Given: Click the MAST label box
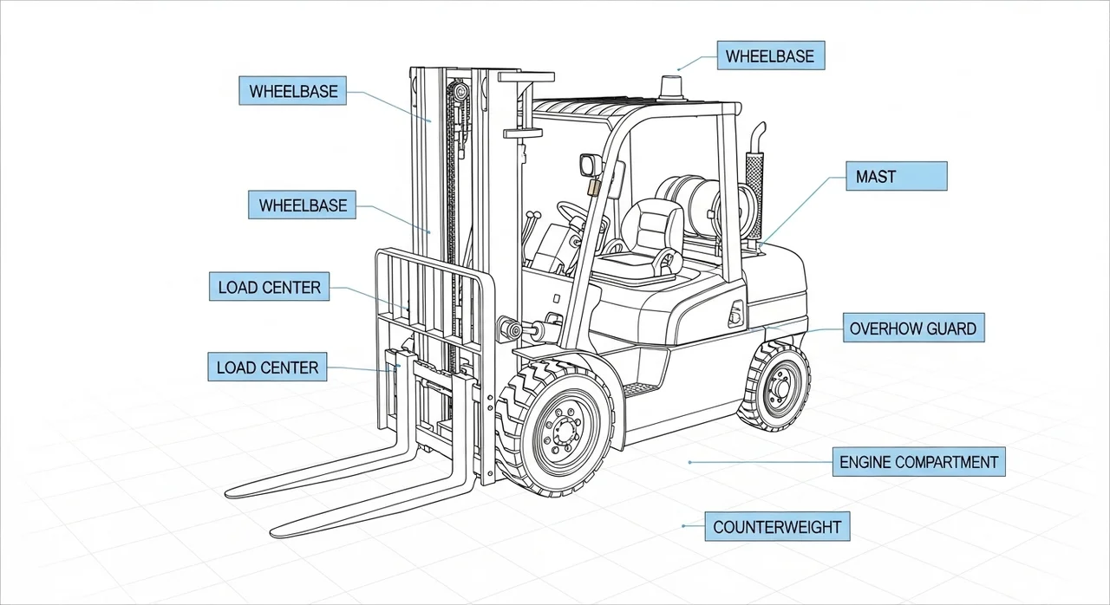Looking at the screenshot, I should [x=895, y=177].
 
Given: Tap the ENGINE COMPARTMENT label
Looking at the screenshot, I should [x=918, y=463].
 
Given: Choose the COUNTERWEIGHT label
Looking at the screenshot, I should [x=776, y=527].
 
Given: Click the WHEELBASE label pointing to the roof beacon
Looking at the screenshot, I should [x=770, y=57].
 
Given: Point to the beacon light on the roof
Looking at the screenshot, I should [x=670, y=88].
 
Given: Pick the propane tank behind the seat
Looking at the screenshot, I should [x=685, y=204].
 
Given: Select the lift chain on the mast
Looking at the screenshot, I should [x=452, y=173].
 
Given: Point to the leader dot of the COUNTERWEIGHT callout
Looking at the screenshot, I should [x=684, y=526].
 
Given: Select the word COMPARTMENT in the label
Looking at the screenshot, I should [x=946, y=463].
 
